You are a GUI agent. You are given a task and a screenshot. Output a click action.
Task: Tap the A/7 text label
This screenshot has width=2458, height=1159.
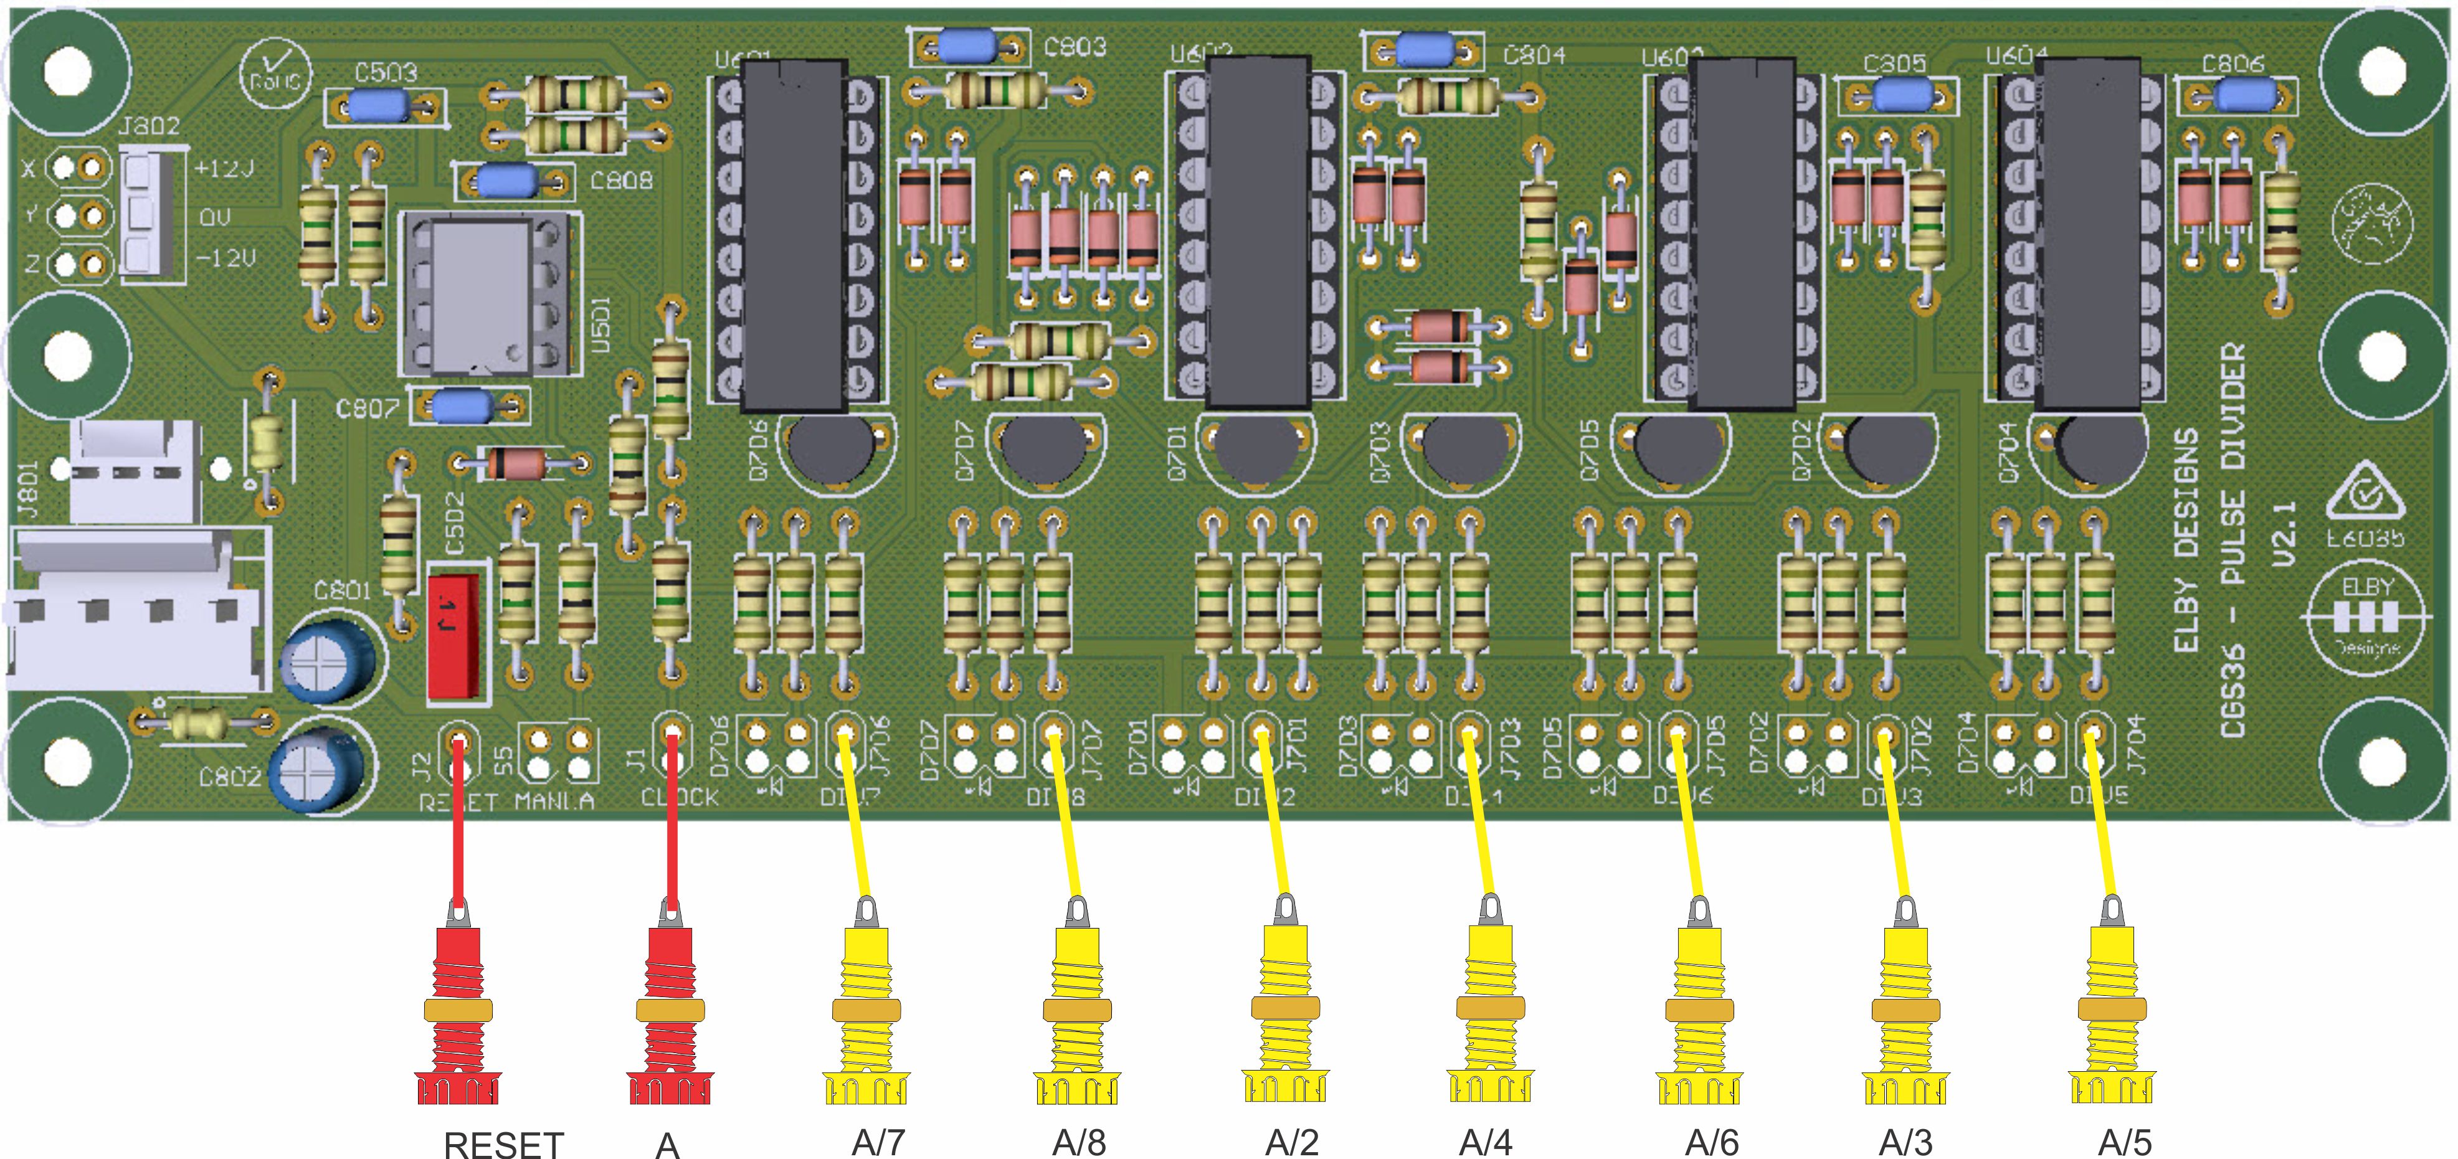[x=878, y=1142]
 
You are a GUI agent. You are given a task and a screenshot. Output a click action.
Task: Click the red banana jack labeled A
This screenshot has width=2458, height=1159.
[x=670, y=1011]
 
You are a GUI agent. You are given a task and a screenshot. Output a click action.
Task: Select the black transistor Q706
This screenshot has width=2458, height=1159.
[x=830, y=448]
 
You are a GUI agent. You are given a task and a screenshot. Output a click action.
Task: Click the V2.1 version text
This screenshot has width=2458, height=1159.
[x=2282, y=534]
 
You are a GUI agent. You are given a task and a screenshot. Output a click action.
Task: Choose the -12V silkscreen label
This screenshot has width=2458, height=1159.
[x=225, y=258]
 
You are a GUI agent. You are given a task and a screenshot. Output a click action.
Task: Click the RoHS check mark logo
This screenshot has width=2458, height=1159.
[x=275, y=72]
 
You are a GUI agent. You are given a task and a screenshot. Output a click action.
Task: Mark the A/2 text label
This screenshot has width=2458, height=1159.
[x=1292, y=1142]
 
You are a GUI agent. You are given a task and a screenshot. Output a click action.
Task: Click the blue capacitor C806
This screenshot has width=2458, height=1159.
[x=2244, y=95]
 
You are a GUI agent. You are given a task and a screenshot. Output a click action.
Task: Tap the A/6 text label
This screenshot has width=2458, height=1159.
[x=1712, y=1142]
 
